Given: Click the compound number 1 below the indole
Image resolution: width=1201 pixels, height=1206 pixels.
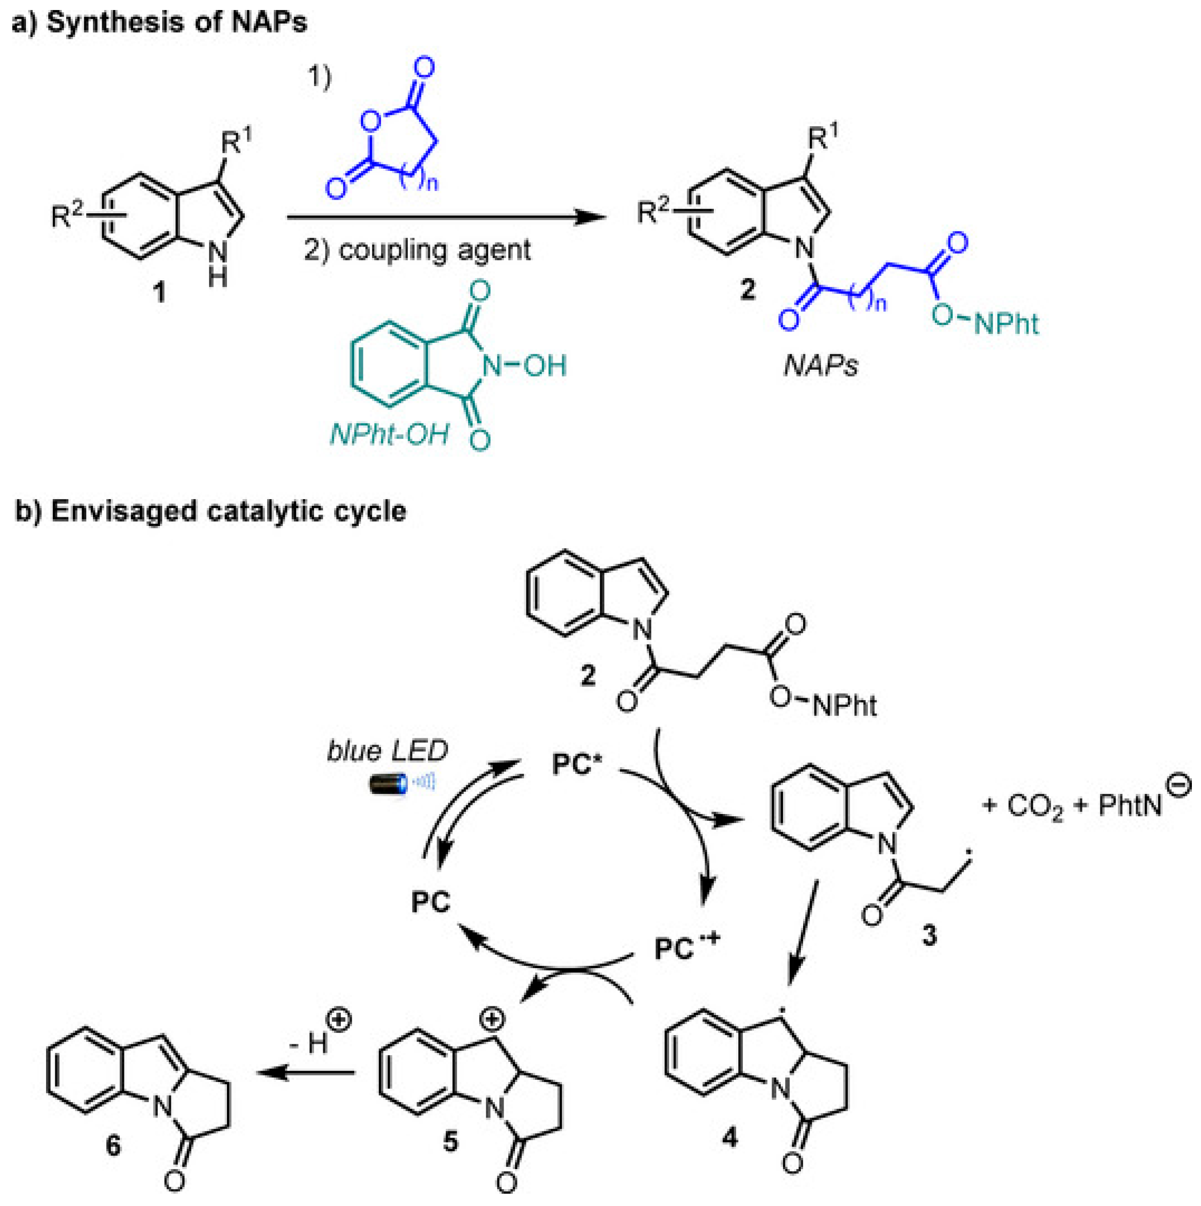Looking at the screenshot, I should coord(160,292).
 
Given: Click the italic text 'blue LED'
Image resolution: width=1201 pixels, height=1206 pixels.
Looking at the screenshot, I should coord(387,751).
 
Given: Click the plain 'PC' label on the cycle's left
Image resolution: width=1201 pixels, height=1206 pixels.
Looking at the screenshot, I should coord(431,902).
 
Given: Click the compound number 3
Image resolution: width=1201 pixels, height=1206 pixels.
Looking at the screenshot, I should coord(929,936).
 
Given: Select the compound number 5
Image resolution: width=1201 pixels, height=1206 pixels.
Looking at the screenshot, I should coord(450,1142).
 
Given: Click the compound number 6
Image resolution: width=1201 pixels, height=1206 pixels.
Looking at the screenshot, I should coord(113,1147).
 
